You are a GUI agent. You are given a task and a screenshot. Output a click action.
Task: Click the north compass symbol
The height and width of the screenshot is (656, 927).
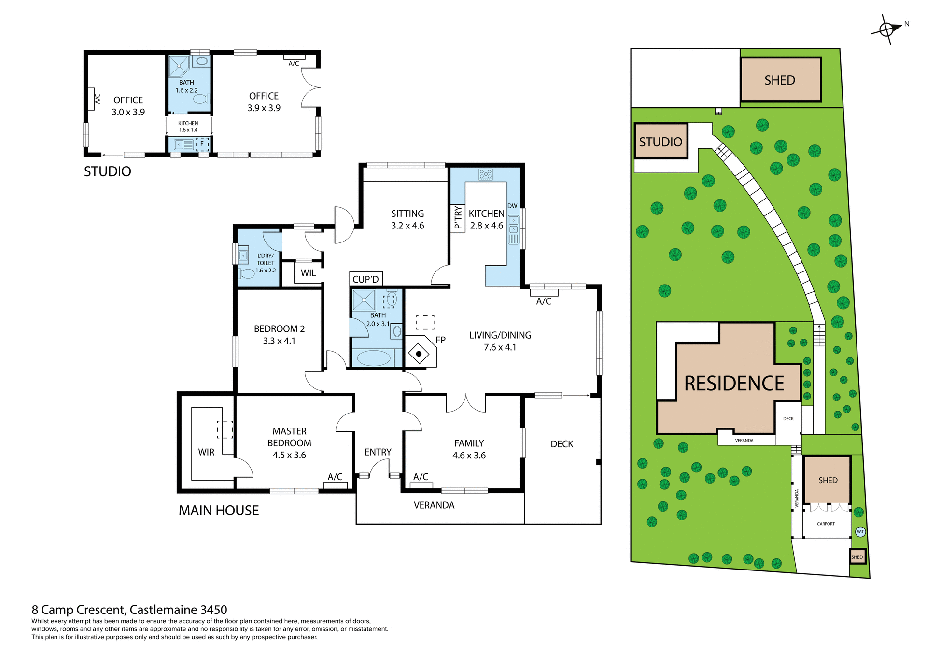tap(887, 29)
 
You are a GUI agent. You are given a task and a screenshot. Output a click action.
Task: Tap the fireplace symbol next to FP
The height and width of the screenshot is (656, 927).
tap(419, 354)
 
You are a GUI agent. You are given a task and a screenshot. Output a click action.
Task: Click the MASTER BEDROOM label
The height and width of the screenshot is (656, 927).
tap(289, 442)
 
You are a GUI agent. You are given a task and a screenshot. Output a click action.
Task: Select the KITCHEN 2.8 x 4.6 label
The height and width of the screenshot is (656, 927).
tap(486, 219)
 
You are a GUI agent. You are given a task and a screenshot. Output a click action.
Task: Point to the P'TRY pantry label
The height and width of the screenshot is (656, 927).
tap(458, 218)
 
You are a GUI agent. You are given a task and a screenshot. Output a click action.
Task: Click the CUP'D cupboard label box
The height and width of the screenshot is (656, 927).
tap(366, 279)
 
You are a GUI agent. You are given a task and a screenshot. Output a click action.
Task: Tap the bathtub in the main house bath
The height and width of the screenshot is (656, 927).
tap(373, 358)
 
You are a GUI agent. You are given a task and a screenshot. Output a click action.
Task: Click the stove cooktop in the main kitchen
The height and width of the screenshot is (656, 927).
tap(486, 174)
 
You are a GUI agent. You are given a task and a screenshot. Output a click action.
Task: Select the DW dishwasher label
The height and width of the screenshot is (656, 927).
tap(512, 206)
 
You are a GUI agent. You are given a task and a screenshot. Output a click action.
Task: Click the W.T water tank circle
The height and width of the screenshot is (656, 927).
tap(860, 531)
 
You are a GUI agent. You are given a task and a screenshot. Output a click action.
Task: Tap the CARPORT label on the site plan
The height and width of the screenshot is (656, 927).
tap(826, 524)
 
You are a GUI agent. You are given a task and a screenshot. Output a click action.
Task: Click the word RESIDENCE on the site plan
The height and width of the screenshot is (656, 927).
tap(734, 384)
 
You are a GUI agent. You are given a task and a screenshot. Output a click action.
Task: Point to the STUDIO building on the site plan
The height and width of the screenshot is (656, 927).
tap(660, 141)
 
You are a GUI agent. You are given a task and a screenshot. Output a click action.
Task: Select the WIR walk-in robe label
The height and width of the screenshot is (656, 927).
tap(206, 452)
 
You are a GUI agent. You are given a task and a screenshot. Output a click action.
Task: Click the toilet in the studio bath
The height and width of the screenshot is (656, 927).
tap(200, 99)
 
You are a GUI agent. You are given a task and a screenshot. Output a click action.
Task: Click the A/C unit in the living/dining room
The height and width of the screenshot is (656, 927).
tap(544, 292)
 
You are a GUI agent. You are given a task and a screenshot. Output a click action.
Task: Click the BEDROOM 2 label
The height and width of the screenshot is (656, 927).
tap(279, 334)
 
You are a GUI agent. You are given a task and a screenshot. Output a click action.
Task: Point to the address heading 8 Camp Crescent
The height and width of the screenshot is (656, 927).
tap(129, 610)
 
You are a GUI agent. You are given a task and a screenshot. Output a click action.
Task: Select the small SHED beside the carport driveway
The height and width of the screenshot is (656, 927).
tap(857, 557)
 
